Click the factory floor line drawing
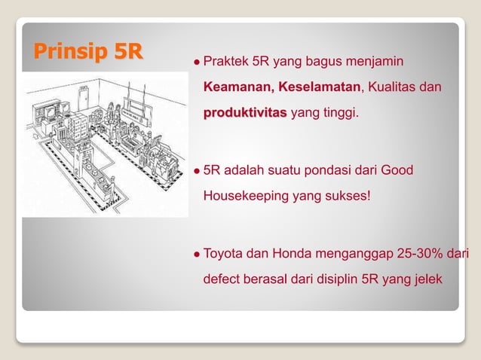104,143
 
